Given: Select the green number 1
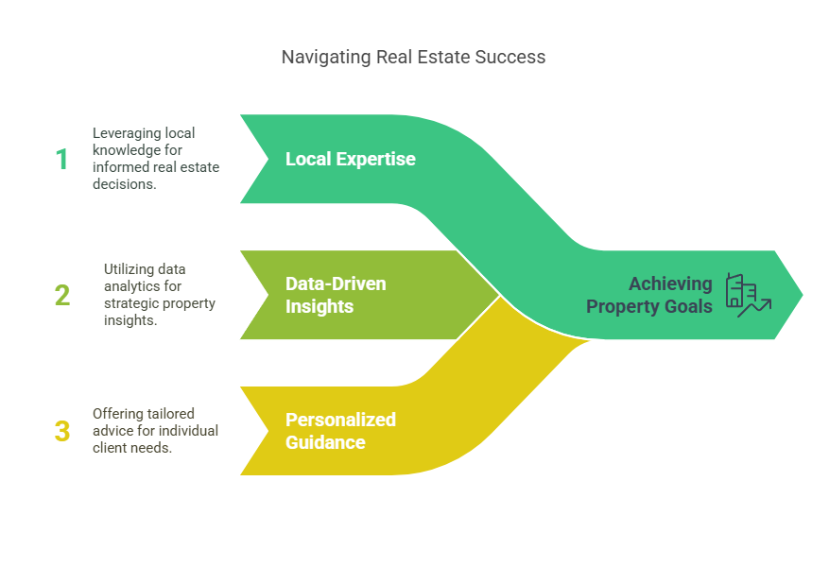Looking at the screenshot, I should point(62,160).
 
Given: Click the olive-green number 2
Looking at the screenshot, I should point(62,295).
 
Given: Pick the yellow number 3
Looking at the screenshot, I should point(62,432).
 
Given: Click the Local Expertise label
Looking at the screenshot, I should point(350,159).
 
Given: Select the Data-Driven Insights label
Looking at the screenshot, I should point(336,295).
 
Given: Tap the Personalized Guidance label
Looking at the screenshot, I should point(340,431).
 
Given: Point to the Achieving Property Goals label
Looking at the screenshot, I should point(649,295).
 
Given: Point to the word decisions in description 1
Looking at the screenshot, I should point(125,185).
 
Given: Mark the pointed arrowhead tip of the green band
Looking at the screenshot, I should point(802,295).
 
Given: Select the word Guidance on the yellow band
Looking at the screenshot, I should point(325,442).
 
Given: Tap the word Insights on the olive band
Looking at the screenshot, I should point(320,306).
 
